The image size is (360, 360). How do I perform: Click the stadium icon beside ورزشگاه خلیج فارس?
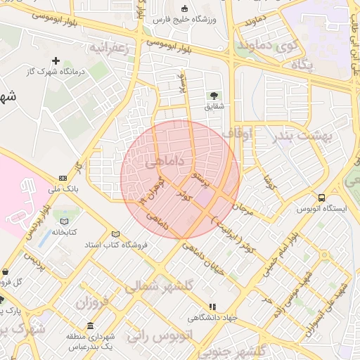coord(185,9)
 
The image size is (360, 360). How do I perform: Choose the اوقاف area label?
coord(236,133)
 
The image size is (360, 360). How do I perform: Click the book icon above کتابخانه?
coord(65,221)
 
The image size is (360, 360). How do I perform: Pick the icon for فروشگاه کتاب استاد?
coord(115,234)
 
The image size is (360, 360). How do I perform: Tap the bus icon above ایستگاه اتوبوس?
coord(321,198)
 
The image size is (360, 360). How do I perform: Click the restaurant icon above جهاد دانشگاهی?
coord(213,306)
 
